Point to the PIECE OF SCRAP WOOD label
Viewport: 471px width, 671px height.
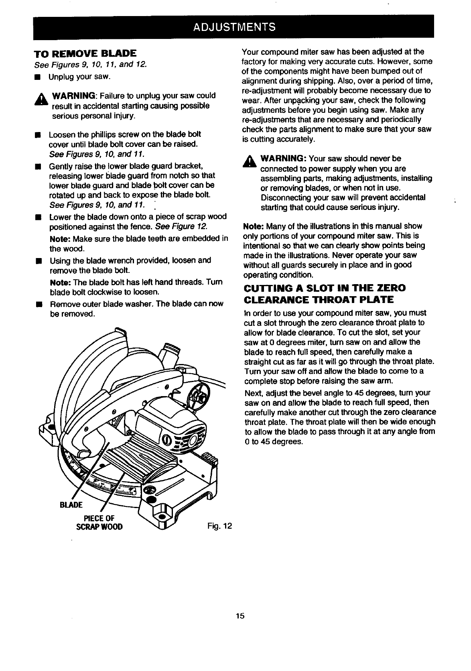(99, 522)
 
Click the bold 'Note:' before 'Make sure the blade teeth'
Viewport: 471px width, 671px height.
(61, 239)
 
